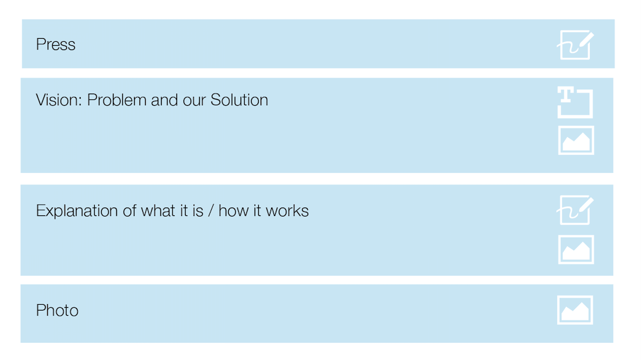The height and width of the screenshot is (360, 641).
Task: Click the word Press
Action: point(56,45)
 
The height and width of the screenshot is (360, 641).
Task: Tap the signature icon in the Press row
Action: point(575,45)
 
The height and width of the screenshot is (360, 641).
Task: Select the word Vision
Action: point(58,100)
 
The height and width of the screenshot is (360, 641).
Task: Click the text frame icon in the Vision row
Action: point(575,103)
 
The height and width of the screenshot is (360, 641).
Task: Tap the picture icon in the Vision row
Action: point(576,141)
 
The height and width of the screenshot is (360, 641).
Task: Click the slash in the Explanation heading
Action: point(211,211)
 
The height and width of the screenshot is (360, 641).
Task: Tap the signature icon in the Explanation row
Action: point(575,211)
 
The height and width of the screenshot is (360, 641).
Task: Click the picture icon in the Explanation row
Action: point(576,250)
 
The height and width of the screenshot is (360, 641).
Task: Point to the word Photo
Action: point(57,311)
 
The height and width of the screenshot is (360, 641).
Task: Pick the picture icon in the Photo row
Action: point(575,310)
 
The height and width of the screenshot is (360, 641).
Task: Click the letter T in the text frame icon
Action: point(565,95)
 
